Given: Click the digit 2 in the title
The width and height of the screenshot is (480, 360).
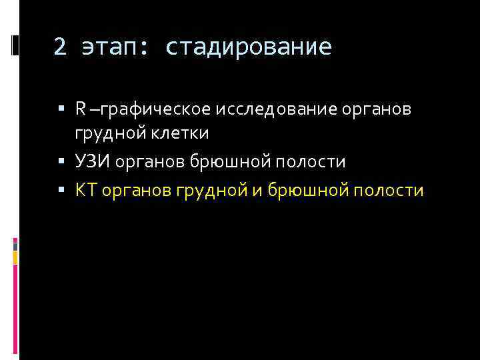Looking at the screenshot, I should coord(60,47).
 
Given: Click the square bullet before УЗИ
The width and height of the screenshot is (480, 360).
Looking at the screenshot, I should coord(61,161).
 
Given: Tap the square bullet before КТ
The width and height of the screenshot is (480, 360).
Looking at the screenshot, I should coord(61,190).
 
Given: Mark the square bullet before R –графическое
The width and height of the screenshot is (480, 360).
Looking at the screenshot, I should coord(61,108).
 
